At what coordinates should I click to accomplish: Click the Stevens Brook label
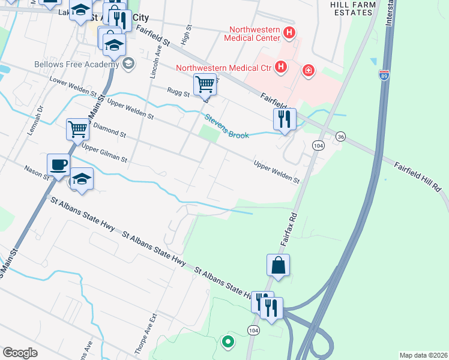coord(227,127)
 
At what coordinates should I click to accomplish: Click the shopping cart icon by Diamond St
coord(77,128)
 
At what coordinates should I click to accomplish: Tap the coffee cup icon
coord(58,164)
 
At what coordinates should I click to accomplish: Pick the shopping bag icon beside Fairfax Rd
coord(279,265)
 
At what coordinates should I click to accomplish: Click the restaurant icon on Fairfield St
coord(285,118)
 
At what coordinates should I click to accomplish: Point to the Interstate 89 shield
coord(384,74)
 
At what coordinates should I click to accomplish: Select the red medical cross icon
coord(309,71)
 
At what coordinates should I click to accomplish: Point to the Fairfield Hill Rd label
coord(418,176)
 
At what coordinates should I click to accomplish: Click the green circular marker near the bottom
coord(228,343)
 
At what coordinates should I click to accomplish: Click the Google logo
coord(20,353)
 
